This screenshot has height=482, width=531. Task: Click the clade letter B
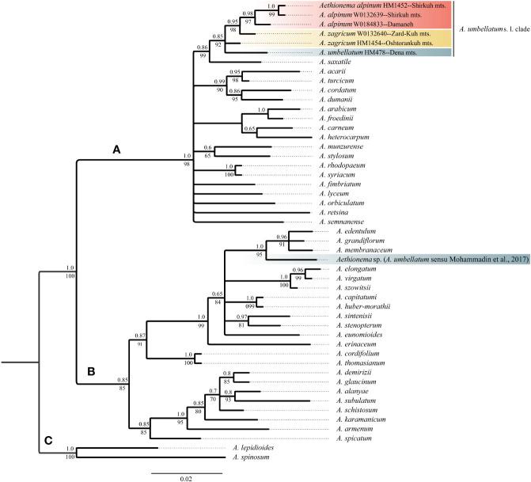point(93,371)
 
